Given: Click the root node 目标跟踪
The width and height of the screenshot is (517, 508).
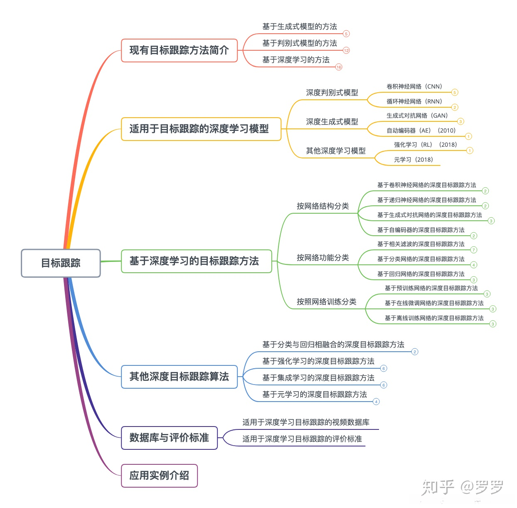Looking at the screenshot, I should [x=61, y=263].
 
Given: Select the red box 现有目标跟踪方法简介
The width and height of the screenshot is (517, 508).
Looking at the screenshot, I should [x=179, y=50].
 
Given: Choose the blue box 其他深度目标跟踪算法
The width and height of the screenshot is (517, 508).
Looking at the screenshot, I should [x=179, y=377].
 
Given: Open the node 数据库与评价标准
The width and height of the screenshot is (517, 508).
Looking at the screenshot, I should [x=169, y=438].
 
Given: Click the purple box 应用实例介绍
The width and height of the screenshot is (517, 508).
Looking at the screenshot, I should [x=159, y=476].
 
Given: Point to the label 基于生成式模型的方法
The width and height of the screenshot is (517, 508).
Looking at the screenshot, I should [x=299, y=27].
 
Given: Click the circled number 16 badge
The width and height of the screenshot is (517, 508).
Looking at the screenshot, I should [x=339, y=67].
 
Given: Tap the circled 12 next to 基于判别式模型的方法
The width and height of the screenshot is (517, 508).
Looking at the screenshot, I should [x=346, y=50].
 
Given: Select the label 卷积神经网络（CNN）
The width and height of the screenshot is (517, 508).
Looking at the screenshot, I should [x=414, y=86].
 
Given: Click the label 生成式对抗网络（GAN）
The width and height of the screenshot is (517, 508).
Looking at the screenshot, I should [x=417, y=116].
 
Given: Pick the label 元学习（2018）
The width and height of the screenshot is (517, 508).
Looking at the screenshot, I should [x=413, y=160].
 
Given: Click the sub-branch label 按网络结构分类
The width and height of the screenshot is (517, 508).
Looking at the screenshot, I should [x=323, y=206].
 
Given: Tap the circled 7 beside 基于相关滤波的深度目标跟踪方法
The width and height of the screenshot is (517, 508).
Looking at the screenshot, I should [x=473, y=250].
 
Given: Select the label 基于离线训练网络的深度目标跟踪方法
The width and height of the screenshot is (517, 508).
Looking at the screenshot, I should [x=434, y=318].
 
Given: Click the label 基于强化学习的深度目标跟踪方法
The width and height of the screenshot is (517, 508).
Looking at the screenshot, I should [x=318, y=361].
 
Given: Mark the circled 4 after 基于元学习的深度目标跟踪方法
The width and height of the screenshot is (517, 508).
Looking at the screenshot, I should [x=376, y=402].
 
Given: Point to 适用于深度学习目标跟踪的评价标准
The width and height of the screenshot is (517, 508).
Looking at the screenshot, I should [x=302, y=439].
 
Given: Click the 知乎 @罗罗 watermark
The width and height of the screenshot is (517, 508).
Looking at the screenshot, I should [x=462, y=487].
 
